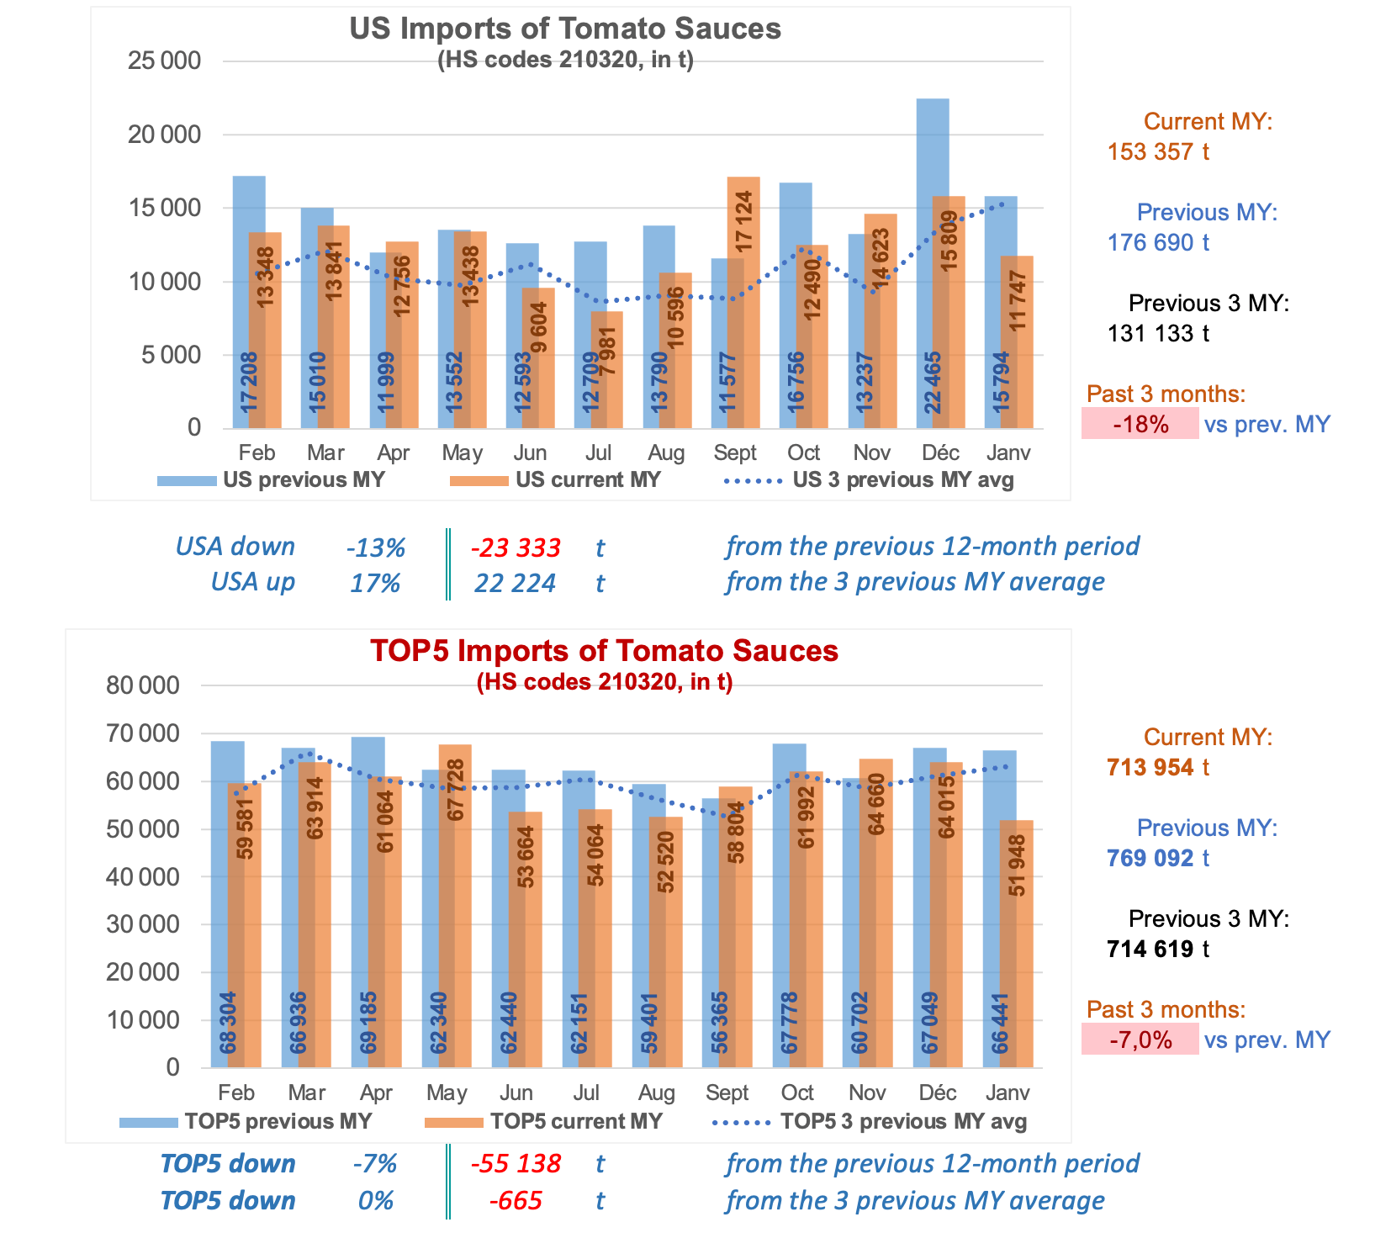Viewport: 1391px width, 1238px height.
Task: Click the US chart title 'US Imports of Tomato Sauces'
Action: (x=565, y=29)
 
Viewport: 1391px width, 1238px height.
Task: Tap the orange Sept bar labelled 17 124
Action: (x=743, y=303)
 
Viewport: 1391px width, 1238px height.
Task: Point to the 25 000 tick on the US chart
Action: (x=164, y=61)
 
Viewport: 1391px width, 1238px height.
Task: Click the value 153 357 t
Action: (x=1158, y=152)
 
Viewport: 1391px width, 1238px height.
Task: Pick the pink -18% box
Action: (x=1140, y=424)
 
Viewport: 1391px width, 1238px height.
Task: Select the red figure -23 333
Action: (x=515, y=548)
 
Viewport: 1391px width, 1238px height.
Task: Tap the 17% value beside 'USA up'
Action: (x=375, y=583)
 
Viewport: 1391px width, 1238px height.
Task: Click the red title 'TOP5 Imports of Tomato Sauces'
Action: (x=604, y=651)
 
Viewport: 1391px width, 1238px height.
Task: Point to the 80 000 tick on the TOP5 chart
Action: (x=143, y=685)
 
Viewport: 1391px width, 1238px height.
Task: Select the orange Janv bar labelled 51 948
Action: (x=1016, y=942)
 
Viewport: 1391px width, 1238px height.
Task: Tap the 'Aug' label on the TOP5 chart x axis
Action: (x=656, y=1093)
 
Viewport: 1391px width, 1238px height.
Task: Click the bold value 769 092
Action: (x=1150, y=859)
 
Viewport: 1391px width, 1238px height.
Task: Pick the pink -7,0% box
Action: (x=1140, y=1040)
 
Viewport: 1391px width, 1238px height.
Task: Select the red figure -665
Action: (x=515, y=1201)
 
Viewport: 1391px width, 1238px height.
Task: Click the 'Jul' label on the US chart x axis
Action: (x=598, y=453)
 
